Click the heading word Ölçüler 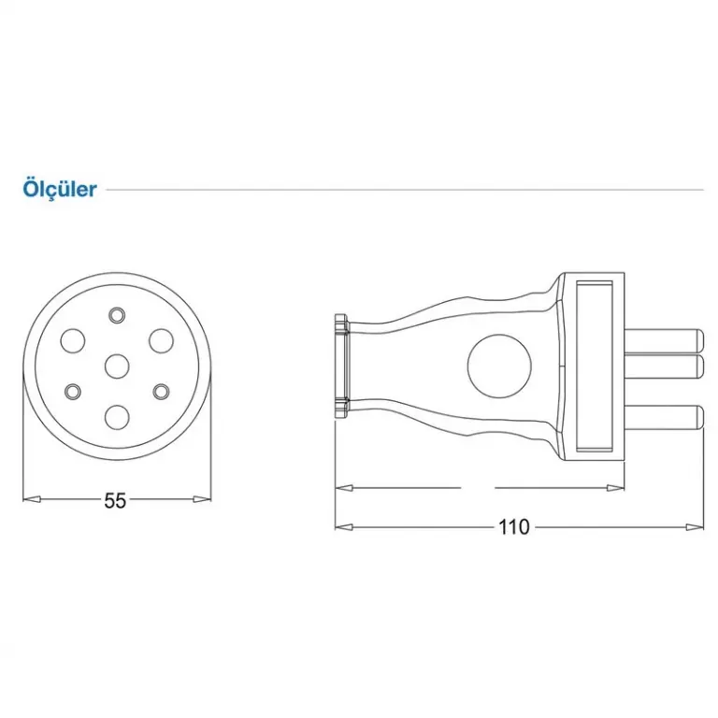(x=60, y=189)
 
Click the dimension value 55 (x=115, y=500)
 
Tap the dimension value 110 (x=514, y=527)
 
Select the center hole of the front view (x=117, y=366)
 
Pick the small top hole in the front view (x=117, y=315)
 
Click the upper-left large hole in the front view (x=73, y=340)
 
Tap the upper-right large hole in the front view (x=162, y=340)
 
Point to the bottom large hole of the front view (x=117, y=416)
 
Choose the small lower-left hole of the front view (x=73, y=391)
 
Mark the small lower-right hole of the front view (x=161, y=391)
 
